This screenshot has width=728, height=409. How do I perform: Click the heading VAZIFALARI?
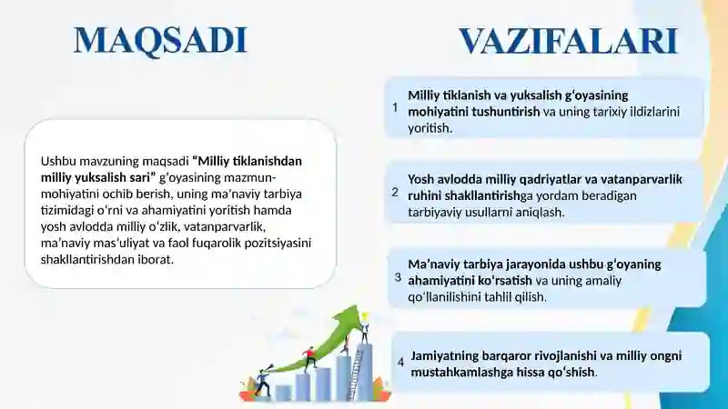coord(568,41)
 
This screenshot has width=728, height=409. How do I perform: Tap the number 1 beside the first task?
coord(395,107)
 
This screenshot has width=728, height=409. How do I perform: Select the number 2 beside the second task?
coord(395,192)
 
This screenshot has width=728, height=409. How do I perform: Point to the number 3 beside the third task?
coord(398,277)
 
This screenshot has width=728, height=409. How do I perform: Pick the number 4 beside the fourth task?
coord(400,362)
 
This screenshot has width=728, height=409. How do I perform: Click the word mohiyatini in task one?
coord(440,112)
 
